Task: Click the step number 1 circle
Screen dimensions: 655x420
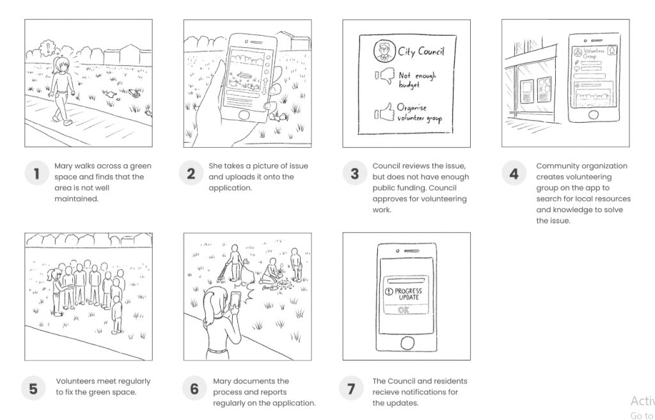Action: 36,173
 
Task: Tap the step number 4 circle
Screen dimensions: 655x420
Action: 514,173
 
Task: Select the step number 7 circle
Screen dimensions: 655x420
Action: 351,389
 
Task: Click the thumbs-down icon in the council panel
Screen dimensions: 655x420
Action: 385,76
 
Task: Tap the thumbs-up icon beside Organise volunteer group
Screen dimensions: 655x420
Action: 384,113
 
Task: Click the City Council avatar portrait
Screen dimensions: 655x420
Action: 384,51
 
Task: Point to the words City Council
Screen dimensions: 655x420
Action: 421,51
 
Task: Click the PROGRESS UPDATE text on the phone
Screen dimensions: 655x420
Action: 404,294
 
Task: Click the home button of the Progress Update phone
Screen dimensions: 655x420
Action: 407,343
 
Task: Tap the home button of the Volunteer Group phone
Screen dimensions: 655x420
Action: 593,114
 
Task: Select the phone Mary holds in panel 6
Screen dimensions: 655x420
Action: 235,299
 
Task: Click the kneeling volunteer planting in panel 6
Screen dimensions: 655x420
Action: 271,272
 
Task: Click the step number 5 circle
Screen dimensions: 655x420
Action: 33,389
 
